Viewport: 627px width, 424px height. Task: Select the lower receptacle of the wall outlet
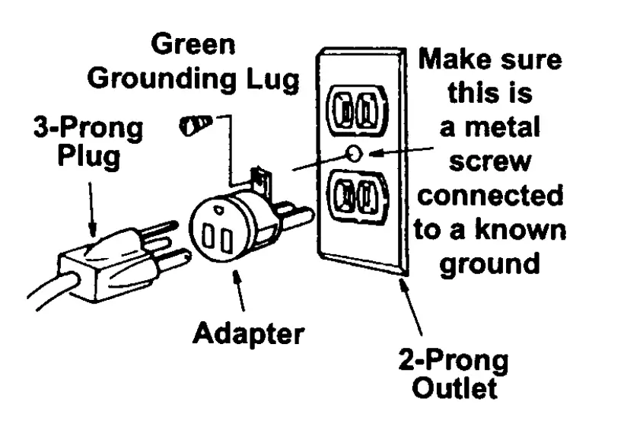coord(356,199)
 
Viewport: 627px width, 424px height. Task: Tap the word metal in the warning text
coord(493,126)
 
